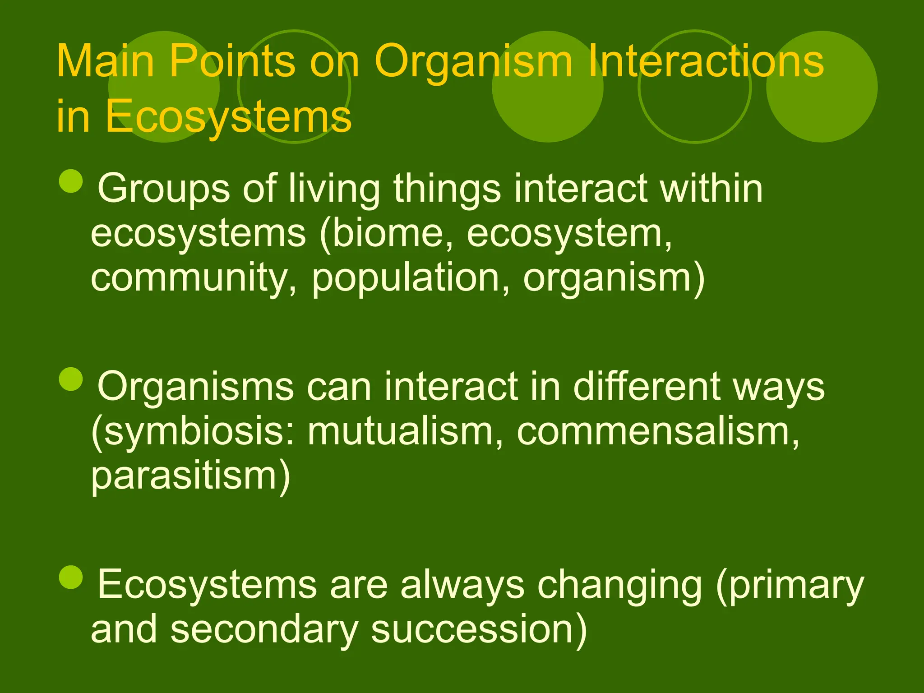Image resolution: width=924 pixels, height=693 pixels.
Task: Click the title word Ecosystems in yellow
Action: (228, 116)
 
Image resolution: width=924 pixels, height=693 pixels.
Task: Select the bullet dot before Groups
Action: (71, 181)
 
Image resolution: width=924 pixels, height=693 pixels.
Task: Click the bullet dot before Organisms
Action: (71, 379)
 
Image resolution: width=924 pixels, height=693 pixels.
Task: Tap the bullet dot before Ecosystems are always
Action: (71, 577)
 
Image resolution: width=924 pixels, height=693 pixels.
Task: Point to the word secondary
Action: (264, 629)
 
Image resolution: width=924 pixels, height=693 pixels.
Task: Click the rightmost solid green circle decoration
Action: (822, 87)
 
